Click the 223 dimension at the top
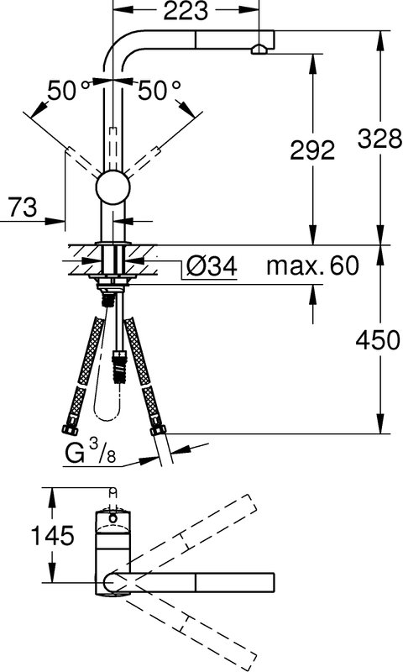[186, 12]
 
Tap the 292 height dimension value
[312, 150]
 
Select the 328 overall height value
[380, 139]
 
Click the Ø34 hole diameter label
[212, 267]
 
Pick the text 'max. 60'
[312, 265]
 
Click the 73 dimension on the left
[23, 207]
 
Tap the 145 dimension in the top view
[53, 535]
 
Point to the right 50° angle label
[159, 91]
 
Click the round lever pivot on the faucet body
[113, 187]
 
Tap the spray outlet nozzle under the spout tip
[259, 50]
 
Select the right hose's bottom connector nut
[158, 429]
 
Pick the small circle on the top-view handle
[113, 518]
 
